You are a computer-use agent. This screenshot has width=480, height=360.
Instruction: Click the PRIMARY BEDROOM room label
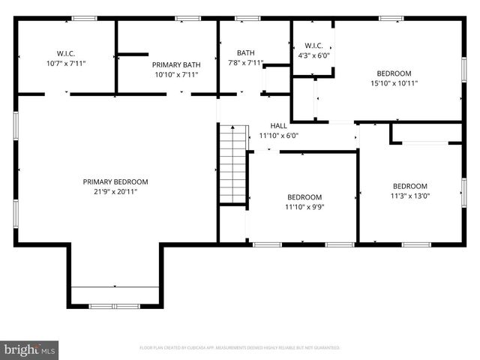(115, 181)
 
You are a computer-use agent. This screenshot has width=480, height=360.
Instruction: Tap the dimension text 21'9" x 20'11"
(115, 191)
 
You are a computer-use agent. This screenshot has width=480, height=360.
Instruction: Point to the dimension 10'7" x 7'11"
(66, 64)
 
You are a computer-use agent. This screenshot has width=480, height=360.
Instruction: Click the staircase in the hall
(233, 163)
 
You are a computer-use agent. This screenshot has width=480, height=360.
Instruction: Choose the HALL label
(278, 126)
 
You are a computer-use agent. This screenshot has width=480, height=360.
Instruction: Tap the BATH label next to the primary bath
(245, 52)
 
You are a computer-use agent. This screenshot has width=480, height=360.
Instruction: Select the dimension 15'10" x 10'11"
(394, 83)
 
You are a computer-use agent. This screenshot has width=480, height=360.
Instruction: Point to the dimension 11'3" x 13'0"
(410, 196)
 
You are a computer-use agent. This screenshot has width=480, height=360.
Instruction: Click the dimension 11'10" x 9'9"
(304, 207)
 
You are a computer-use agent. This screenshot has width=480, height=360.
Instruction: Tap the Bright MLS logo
(30, 349)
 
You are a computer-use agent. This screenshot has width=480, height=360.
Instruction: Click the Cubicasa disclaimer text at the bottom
(240, 348)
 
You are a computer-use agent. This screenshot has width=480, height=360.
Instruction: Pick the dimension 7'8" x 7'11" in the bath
(245, 63)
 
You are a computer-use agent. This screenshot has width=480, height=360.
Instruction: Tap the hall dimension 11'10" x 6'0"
(278, 136)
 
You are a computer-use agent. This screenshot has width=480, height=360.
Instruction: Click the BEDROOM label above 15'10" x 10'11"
(394, 73)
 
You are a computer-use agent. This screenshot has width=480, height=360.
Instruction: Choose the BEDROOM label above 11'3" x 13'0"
(410, 186)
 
